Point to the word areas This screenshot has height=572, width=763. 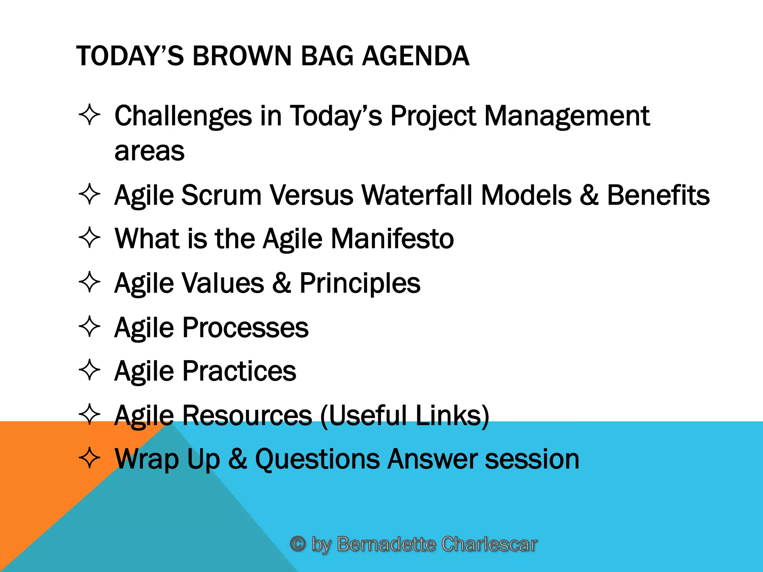tap(149, 151)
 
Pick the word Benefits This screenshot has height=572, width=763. tap(658, 195)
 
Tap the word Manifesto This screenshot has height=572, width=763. tap(392, 238)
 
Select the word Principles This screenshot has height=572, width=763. tap(360, 283)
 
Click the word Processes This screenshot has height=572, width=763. tap(245, 328)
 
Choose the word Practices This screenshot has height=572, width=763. tap(239, 371)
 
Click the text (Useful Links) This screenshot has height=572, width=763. tap(405, 415)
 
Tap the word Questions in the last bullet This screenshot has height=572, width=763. tap(317, 459)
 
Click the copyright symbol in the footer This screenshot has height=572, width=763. tap(298, 544)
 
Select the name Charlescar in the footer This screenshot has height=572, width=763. tap(489, 544)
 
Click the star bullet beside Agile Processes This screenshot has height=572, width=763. tap(90, 327)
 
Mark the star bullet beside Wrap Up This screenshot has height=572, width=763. tap(90, 458)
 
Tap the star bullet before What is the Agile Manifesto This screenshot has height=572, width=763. tap(90, 237)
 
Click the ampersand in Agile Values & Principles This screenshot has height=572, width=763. tap(282, 283)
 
